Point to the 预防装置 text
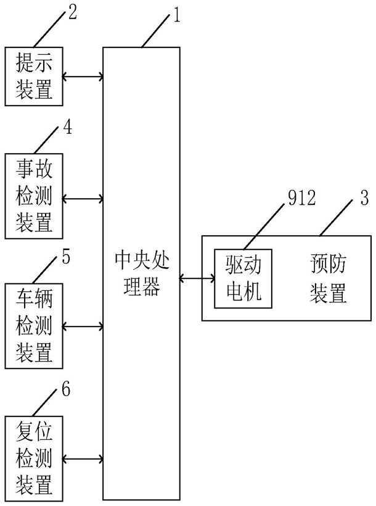point(329,278)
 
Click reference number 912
point(301,198)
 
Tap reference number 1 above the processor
point(176,15)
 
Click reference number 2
point(72,12)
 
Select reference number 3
point(364,197)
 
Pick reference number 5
point(66,257)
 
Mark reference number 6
point(66,389)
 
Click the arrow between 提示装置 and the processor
point(83,77)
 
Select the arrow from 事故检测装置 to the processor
point(83,199)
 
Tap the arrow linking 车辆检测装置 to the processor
point(83,326)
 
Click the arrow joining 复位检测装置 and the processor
point(83,458)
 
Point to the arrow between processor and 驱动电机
point(197,278)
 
